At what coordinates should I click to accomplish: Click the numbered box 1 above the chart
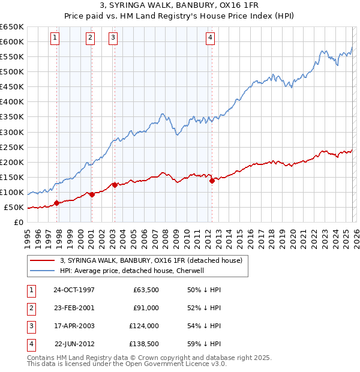[55, 38]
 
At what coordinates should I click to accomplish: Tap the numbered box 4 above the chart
[211, 38]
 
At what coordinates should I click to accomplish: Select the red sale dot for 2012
[212, 181]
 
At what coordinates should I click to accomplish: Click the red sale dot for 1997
[56, 203]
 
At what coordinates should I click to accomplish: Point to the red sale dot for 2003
[114, 185]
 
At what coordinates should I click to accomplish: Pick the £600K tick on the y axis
[12, 41]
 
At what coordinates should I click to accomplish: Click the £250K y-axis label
[12, 147]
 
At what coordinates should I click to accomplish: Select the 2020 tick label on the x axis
[292, 237]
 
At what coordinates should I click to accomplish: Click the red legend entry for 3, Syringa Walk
[151, 260]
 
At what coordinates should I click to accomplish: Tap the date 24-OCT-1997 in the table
[74, 290]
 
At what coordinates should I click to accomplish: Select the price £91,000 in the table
[146, 308]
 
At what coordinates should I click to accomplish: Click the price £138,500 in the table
[144, 344]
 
